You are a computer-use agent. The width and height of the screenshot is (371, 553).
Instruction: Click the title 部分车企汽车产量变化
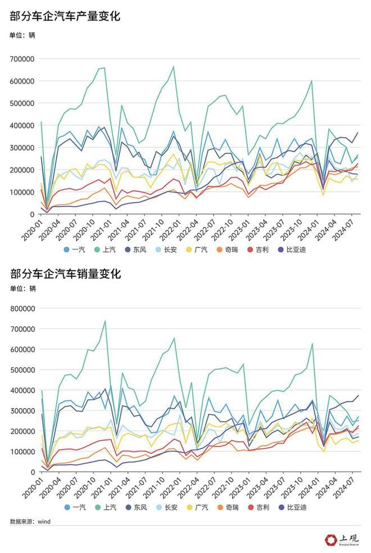(x=65, y=17)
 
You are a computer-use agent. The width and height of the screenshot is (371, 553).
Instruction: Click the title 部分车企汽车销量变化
(x=65, y=274)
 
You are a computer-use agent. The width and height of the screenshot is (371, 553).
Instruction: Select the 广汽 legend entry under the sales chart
(x=196, y=508)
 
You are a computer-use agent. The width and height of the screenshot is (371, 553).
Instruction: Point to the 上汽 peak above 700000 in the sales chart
(x=105, y=321)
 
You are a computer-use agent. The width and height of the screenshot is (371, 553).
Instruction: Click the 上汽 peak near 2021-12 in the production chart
(x=173, y=67)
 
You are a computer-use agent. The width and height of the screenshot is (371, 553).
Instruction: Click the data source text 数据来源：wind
(x=30, y=522)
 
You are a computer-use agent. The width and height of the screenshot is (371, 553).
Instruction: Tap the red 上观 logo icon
(x=330, y=540)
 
